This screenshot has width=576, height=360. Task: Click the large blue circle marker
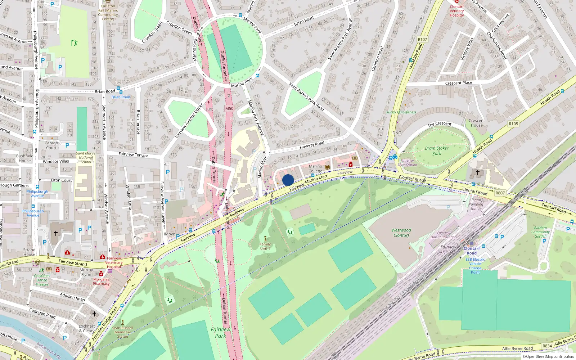(x=288, y=180)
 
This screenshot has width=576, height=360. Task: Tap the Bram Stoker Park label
(x=436, y=150)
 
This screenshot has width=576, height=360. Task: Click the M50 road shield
(x=229, y=108)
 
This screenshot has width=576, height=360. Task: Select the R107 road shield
(x=422, y=40)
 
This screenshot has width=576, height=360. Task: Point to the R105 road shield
(x=513, y=124)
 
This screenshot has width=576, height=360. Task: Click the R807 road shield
(x=500, y=193)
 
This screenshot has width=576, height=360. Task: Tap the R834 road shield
(x=547, y=346)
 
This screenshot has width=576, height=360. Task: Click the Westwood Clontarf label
(x=401, y=233)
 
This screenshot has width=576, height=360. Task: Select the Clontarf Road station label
(x=472, y=251)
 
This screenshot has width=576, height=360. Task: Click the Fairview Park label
(x=220, y=333)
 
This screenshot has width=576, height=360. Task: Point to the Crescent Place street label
(x=458, y=83)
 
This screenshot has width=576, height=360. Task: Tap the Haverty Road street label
(x=312, y=145)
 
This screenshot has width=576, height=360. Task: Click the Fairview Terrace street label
(x=134, y=154)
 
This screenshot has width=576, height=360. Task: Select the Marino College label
(x=315, y=168)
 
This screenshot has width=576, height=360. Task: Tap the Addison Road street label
(x=72, y=297)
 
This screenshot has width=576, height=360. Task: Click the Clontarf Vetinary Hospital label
(x=456, y=11)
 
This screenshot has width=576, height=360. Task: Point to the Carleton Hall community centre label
(x=108, y=12)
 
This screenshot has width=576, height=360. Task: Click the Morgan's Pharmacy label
(x=101, y=282)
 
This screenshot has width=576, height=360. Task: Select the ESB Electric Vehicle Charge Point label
(x=475, y=266)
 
